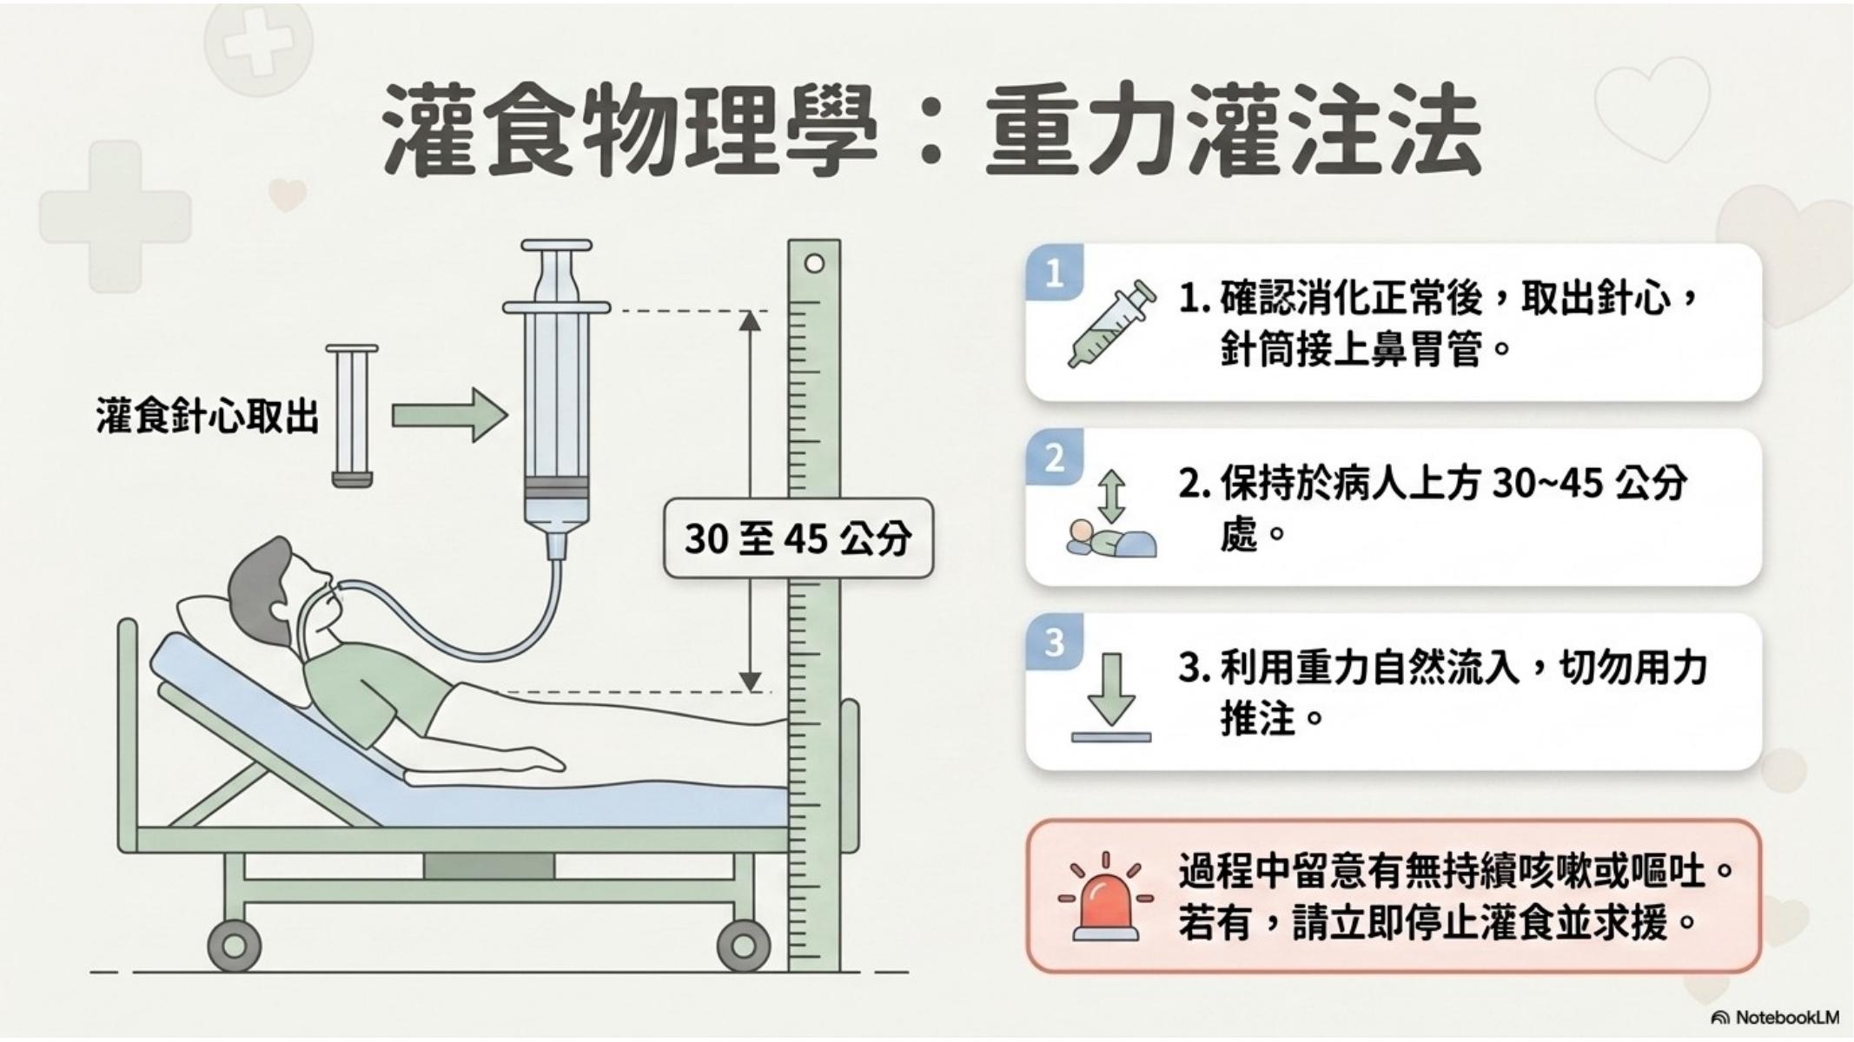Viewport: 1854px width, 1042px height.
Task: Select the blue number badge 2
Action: (x=1055, y=458)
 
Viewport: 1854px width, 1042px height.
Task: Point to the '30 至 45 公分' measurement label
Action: (x=798, y=538)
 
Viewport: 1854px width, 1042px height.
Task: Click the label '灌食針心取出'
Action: (x=207, y=416)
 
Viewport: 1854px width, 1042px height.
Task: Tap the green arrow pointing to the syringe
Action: (x=449, y=415)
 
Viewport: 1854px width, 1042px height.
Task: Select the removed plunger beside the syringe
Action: (x=352, y=416)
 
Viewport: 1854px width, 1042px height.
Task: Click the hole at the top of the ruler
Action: (x=814, y=263)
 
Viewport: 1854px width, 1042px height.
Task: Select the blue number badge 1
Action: (x=1055, y=274)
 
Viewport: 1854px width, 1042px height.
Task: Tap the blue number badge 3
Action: (x=1055, y=643)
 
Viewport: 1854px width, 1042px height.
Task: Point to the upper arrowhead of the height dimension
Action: (x=750, y=320)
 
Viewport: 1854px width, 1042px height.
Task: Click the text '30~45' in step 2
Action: (x=1546, y=483)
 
